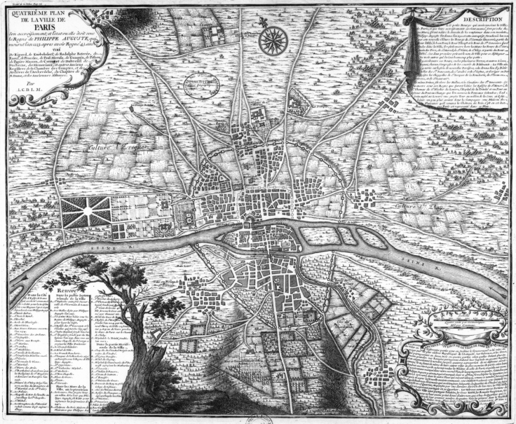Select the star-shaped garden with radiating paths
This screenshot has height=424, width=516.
(x=86, y=211)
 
